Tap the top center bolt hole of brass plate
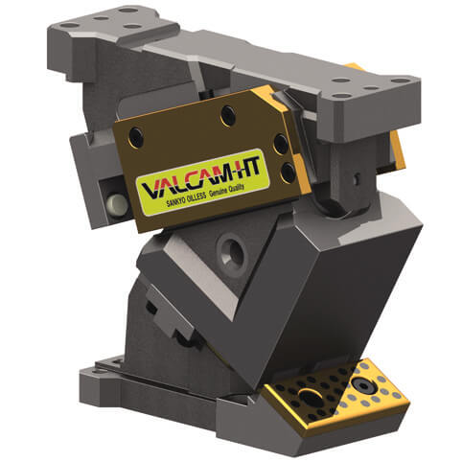[227, 116]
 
